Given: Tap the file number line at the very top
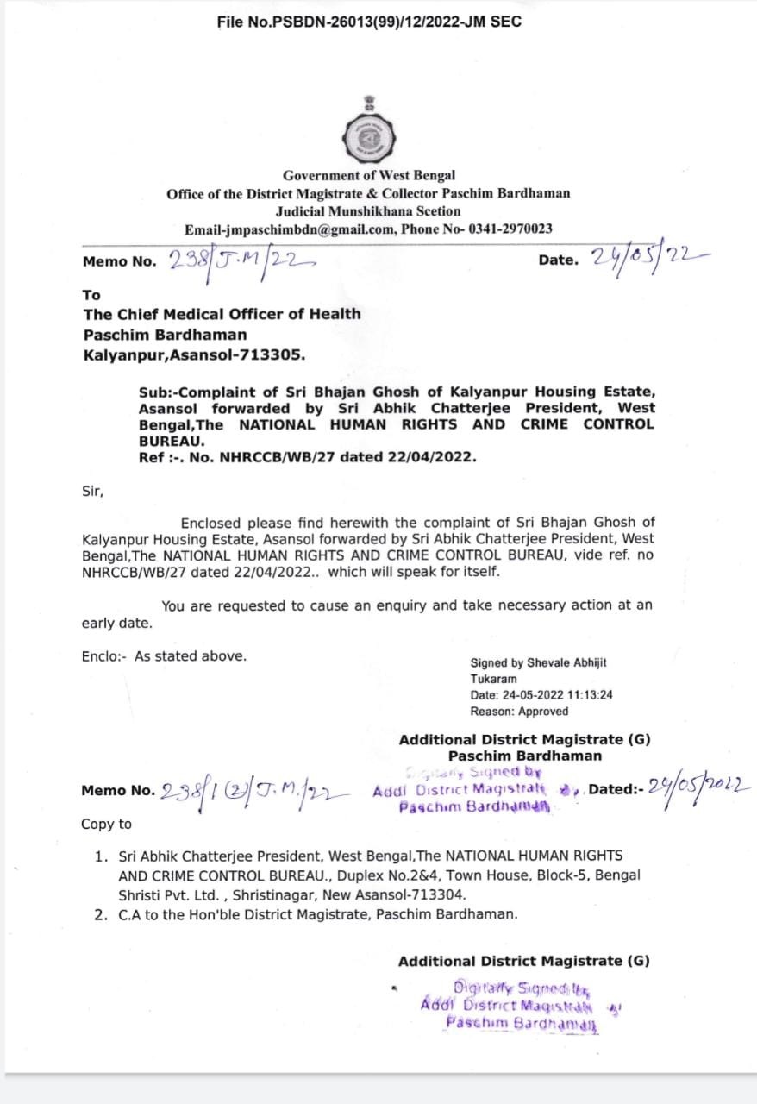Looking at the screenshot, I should pyautogui.click(x=369, y=22).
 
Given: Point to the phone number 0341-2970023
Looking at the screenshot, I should pyautogui.click(x=509, y=229).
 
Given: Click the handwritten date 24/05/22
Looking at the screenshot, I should pyautogui.click(x=648, y=257).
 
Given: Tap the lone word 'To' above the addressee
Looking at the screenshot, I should pyautogui.click(x=91, y=295).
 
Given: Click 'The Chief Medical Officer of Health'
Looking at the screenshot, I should pyautogui.click(x=222, y=314).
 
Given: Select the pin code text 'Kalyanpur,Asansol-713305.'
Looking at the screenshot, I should pyautogui.click(x=193, y=354).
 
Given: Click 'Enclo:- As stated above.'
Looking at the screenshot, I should pyautogui.click(x=164, y=656).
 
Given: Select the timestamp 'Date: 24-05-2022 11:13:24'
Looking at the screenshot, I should pyautogui.click(x=541, y=695).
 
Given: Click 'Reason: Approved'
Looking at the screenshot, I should pyautogui.click(x=519, y=712).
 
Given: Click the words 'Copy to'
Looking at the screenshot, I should pyautogui.click(x=107, y=825).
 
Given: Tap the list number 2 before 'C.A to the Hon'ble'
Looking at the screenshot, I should pyautogui.click(x=100, y=914).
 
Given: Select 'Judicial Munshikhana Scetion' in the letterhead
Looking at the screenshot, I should pyautogui.click(x=368, y=211).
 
